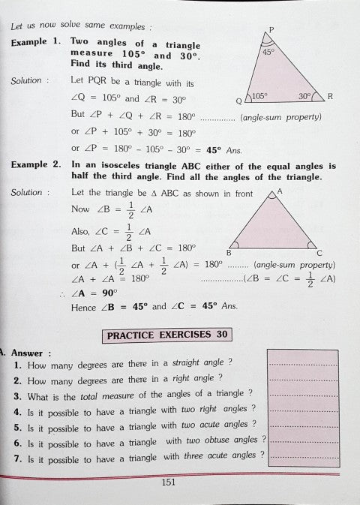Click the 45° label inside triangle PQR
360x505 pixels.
[x=269, y=53]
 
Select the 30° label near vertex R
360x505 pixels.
[x=303, y=97]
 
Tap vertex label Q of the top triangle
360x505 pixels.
[x=239, y=101]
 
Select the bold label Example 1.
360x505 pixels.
[x=34, y=43]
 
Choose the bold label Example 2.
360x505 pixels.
[x=34, y=164]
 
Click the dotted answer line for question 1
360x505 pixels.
[x=298, y=363]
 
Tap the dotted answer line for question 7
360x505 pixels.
[x=298, y=456]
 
